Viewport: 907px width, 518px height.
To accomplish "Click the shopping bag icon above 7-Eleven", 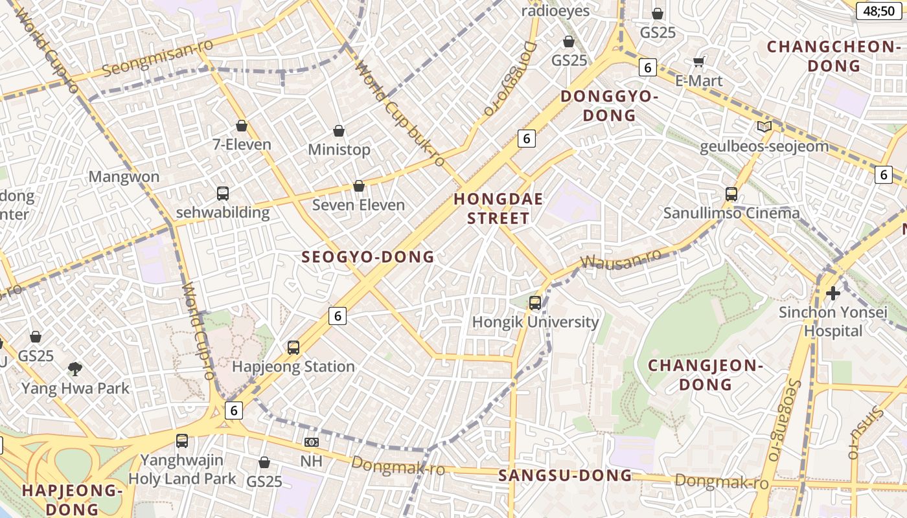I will tap(242, 126).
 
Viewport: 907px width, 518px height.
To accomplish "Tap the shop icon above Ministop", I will tap(339, 131).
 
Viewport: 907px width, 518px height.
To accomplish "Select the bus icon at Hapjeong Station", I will tap(293, 348).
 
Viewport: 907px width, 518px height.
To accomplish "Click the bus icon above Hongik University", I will tap(535, 302).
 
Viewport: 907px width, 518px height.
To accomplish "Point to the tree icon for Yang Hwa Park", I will tap(75, 369).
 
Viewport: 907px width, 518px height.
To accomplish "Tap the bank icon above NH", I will tap(312, 442).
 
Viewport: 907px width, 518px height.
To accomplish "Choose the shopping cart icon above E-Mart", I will tap(698, 62).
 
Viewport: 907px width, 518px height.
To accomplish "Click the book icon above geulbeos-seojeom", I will tap(764, 127).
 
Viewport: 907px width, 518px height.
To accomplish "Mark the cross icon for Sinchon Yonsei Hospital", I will tap(833, 293).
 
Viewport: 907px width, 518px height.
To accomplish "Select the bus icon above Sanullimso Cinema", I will tap(731, 194).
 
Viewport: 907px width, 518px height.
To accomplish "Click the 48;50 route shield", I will tap(878, 11).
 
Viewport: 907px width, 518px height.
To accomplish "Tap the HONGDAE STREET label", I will tap(498, 208).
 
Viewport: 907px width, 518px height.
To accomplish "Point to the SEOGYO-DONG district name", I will tap(368, 257).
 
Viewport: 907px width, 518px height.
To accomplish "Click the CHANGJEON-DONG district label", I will tap(706, 375).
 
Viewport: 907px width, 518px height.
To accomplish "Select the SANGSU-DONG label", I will tap(565, 475).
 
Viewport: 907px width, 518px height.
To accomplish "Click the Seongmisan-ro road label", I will tap(149, 57).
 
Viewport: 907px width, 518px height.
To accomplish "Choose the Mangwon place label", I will tap(124, 177).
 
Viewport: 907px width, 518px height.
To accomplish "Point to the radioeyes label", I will tap(555, 11).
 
